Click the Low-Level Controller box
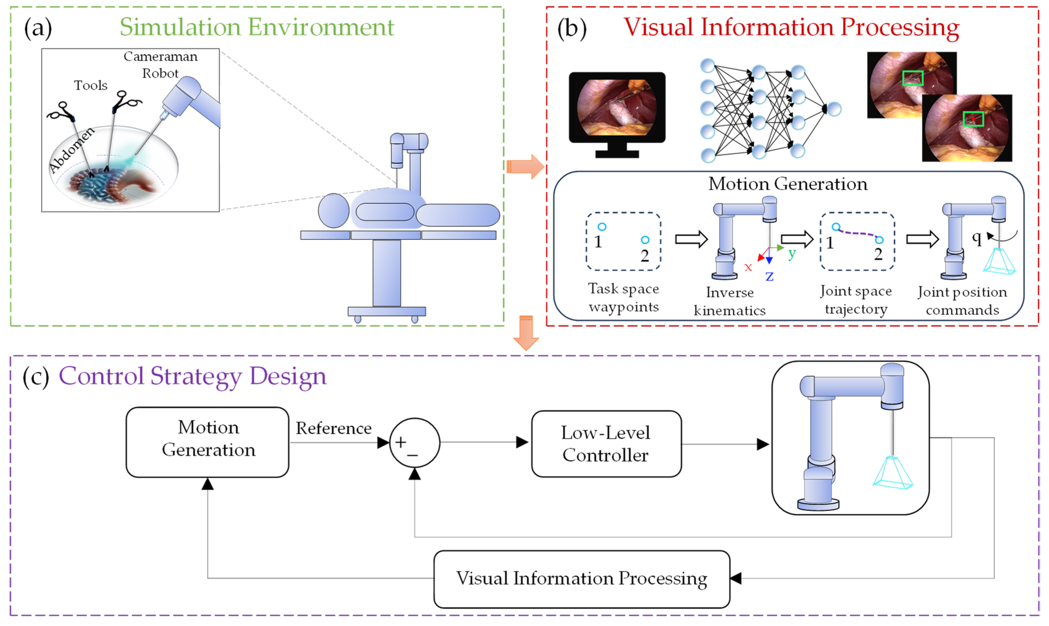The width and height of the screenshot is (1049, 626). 606,444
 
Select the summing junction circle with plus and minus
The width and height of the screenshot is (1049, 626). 415,443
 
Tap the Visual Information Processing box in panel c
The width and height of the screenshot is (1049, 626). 581,579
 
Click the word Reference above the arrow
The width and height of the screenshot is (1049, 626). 333,429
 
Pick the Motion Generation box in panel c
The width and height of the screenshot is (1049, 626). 208,442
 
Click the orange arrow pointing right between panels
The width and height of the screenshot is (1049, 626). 525,166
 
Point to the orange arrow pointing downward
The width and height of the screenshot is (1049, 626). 526,333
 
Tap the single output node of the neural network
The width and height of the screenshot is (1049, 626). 834,109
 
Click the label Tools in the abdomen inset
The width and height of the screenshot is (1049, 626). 90,86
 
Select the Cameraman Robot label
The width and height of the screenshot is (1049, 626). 160,65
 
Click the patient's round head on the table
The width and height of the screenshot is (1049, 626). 333,211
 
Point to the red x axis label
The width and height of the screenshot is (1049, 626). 748,267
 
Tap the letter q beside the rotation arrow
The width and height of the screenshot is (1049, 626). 976,237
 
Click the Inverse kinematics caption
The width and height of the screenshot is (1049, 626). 730,301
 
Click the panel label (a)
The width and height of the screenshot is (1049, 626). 38,28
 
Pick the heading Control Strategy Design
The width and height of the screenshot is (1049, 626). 192,376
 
